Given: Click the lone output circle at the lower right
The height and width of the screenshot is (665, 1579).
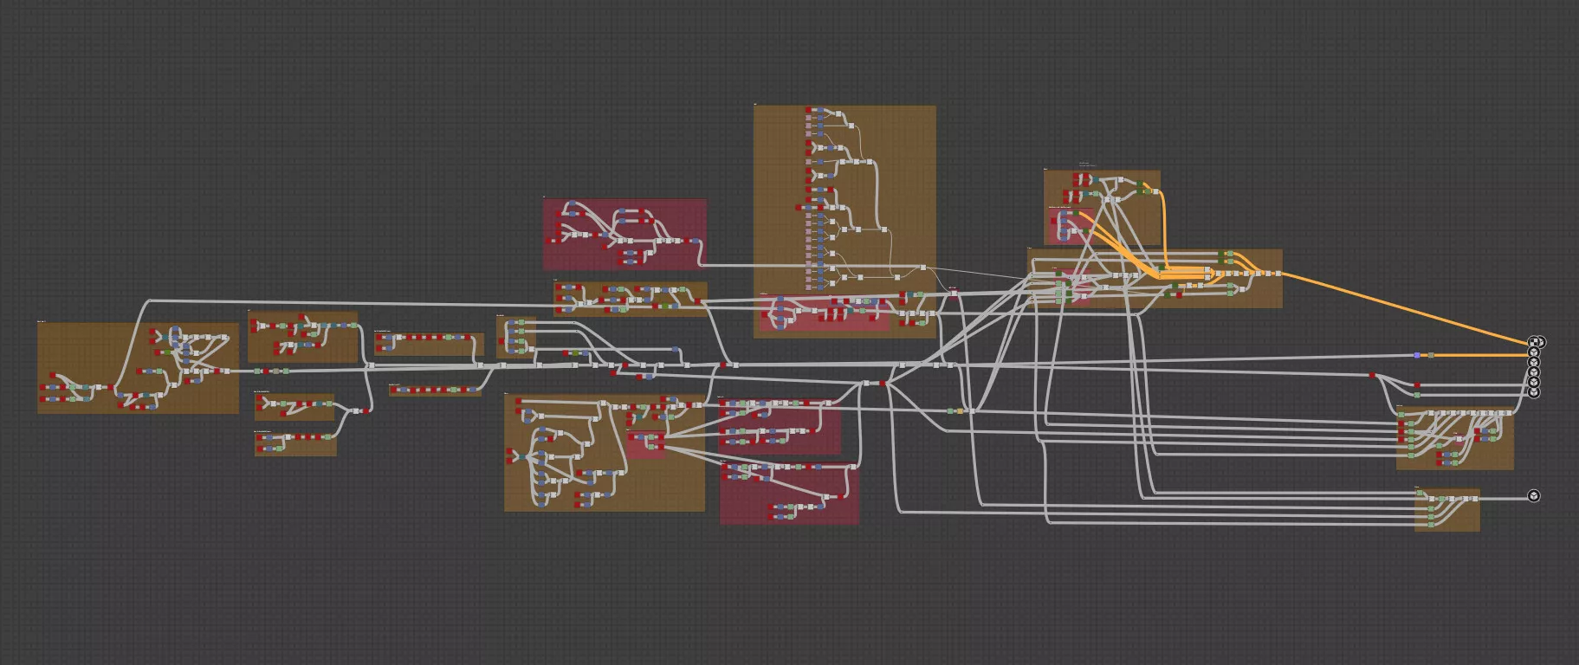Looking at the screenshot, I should [1534, 496].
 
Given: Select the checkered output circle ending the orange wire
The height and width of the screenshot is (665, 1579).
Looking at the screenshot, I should [1535, 342].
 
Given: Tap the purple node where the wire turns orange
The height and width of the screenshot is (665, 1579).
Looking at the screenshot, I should [1417, 355].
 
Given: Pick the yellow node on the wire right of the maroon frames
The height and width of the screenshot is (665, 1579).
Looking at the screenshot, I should [960, 411].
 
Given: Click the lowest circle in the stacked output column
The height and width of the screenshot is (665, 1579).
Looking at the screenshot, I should [1534, 392].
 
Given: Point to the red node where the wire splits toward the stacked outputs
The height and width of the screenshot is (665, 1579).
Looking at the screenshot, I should [1372, 375].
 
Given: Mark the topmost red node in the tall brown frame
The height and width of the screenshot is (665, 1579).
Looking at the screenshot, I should [809, 110].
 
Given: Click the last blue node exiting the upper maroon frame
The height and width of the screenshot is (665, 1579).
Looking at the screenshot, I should [695, 241].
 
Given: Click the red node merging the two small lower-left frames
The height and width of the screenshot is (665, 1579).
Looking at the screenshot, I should [367, 411].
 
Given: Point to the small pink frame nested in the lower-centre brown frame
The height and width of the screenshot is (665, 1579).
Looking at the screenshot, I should [645, 444].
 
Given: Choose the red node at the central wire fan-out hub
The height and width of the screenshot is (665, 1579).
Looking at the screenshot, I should [883, 383].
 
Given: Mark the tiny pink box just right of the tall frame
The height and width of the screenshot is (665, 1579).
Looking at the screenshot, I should [953, 291].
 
